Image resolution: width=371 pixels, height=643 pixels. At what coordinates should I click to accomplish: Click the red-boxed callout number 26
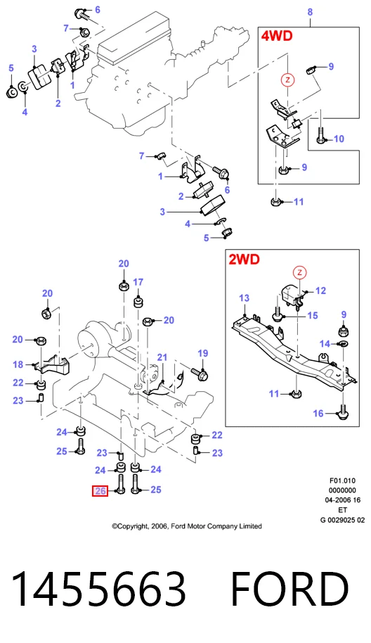coord(100,490)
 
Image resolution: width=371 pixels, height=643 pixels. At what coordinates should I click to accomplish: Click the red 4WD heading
coord(277,36)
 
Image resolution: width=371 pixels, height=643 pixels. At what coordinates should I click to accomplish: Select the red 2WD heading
coord(244,259)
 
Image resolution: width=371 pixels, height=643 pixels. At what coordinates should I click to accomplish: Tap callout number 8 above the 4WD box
coord(310,12)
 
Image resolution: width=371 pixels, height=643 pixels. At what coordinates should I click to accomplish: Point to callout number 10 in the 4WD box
coord(339,139)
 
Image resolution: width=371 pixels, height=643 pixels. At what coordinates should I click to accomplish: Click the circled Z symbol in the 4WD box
coord(287,79)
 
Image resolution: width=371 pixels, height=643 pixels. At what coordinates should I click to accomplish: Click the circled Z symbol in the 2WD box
coord(300,272)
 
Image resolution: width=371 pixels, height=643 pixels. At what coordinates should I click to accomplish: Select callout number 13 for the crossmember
coord(244,298)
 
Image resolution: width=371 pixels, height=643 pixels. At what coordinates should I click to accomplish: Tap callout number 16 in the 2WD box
coord(318,414)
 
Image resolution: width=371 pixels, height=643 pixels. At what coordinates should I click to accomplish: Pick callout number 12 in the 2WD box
coord(320,291)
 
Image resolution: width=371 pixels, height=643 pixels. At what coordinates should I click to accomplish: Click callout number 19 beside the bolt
coord(202,353)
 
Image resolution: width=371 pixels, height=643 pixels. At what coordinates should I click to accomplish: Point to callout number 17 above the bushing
coord(138,282)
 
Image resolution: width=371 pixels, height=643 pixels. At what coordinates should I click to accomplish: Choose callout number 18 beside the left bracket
coord(18,364)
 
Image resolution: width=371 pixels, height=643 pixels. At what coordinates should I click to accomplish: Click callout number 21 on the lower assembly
coord(162,357)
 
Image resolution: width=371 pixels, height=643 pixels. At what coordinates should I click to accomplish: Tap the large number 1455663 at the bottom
coord(98,590)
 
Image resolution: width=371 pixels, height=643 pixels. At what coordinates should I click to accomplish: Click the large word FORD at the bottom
coord(290,590)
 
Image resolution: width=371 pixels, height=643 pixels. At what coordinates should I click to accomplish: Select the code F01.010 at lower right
coord(342,480)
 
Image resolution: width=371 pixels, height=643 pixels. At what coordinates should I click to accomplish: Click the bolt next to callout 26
coord(120,484)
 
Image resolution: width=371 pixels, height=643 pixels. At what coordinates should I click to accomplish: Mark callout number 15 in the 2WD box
coord(313,315)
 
